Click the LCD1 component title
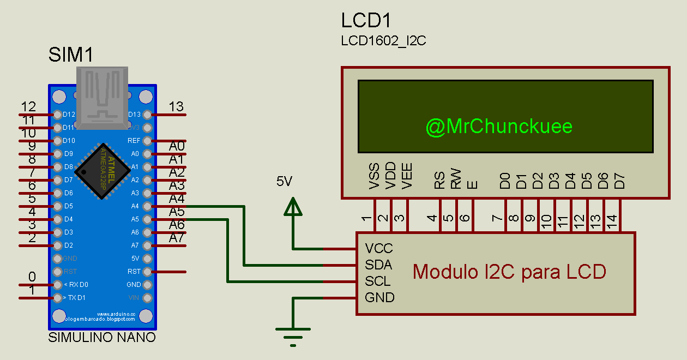366,21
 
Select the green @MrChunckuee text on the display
499,127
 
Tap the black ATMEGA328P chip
102,171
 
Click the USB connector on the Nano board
102,97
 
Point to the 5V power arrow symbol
293,208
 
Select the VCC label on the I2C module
379,249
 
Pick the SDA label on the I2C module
379,265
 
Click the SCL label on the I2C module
378,281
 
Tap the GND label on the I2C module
379,298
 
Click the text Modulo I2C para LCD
509,272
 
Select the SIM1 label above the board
71,55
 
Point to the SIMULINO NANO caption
102,338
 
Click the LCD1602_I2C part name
383,41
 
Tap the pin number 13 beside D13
177,106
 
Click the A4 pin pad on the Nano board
147,206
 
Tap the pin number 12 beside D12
28,106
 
